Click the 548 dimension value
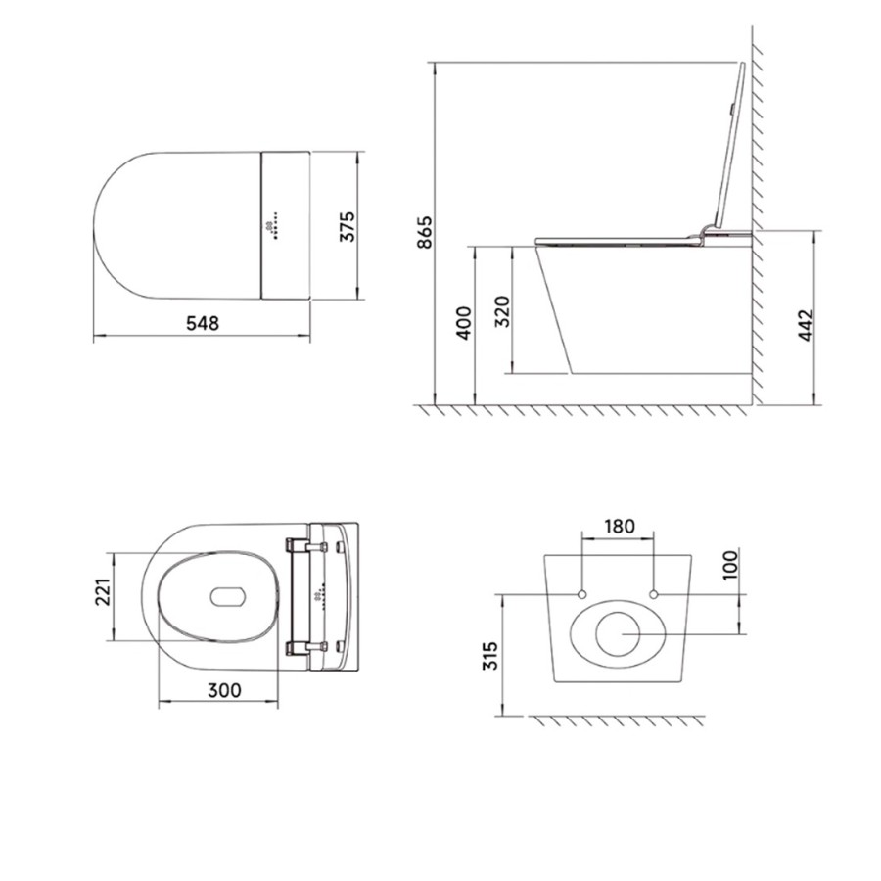202,322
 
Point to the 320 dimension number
502,311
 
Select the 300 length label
224,689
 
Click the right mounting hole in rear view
653,595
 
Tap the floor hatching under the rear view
617,720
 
